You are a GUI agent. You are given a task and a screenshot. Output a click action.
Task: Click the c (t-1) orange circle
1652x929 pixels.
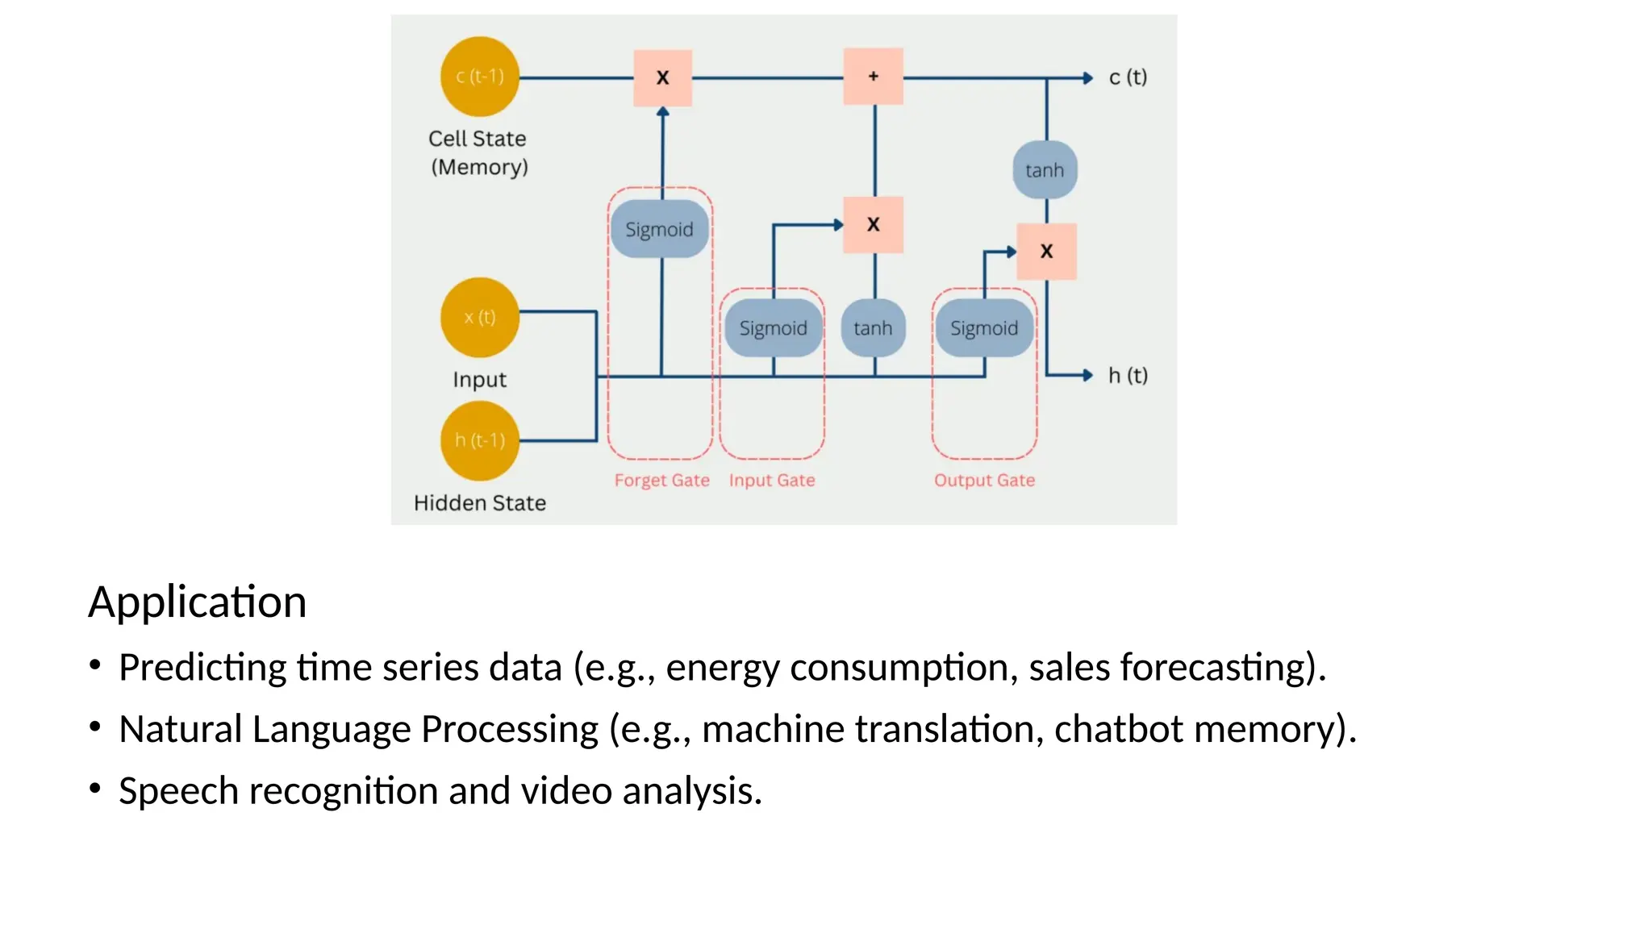[480, 77]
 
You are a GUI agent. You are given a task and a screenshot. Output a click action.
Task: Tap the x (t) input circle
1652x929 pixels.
[480, 317]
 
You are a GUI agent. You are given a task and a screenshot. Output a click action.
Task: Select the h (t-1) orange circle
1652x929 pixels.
[480, 440]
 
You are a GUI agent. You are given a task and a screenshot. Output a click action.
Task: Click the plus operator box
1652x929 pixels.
[873, 77]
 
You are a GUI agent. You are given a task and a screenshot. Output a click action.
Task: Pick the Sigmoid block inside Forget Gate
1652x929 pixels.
[659, 230]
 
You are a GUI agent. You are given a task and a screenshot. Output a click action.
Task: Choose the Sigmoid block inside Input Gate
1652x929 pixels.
[773, 328]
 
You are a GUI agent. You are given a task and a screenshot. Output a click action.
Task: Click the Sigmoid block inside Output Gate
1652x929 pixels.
[983, 328]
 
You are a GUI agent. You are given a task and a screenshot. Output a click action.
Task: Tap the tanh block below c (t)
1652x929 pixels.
[1045, 170]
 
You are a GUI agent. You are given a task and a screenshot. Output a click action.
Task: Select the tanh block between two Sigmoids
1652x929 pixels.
[873, 328]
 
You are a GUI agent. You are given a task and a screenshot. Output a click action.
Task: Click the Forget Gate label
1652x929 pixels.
[661, 481]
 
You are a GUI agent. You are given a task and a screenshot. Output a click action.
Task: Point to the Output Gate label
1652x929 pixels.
[984, 481]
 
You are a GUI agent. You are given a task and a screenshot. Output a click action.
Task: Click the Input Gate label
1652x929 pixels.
[772, 481]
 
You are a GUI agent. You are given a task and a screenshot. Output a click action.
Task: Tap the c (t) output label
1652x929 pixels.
[1128, 77]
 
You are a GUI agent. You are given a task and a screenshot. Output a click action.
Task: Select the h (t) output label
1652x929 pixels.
[1128, 376]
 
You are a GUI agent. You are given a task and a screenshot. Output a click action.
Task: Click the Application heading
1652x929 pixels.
[198, 602]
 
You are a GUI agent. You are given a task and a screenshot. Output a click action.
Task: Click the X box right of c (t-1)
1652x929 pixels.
[662, 78]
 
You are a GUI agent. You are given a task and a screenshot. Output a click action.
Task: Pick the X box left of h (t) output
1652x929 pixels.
[1046, 252]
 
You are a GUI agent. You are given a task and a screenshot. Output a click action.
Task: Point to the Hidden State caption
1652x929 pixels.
[480, 503]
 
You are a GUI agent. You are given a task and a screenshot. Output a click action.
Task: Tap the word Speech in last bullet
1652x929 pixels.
[178, 791]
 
